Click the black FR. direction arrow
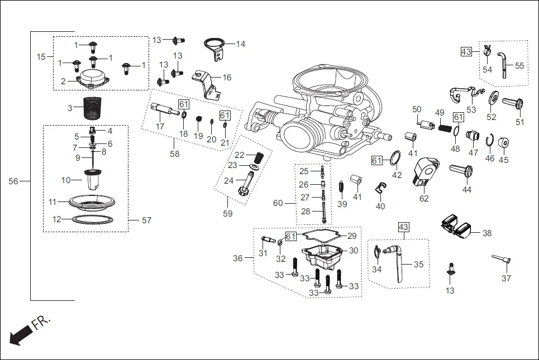(x=21, y=335)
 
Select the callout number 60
(x=278, y=203)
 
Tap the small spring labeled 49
(x=443, y=128)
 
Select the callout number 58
(x=175, y=154)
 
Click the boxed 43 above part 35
(x=404, y=227)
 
